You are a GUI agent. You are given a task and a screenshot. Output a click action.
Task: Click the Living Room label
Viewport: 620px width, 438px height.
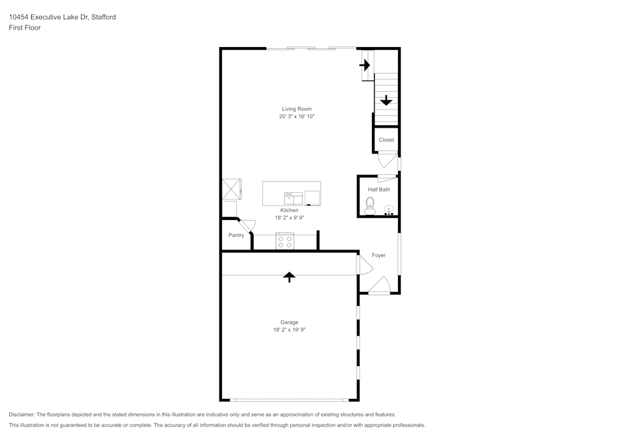296,109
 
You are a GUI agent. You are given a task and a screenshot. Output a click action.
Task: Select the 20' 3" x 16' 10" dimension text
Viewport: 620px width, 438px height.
296,116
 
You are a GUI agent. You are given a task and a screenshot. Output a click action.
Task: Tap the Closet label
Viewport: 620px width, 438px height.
386,140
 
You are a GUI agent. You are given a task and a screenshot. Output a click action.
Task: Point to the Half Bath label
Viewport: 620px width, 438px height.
379,190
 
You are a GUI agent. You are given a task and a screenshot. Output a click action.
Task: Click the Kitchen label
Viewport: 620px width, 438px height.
289,211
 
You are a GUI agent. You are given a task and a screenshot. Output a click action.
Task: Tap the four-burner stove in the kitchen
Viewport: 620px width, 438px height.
285,242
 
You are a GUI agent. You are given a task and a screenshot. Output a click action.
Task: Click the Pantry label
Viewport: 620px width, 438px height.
236,235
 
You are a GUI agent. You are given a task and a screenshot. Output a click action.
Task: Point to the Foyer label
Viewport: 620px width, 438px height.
379,255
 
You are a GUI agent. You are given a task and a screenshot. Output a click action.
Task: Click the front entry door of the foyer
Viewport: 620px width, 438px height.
379,286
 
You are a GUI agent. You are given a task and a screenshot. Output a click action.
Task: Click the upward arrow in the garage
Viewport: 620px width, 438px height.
289,277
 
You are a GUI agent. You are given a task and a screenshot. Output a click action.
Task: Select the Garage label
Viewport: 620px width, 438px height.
289,322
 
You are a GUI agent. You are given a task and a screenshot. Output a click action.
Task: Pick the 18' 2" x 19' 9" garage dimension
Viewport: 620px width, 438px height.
289,330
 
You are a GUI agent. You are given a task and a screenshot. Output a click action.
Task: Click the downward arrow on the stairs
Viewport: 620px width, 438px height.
386,100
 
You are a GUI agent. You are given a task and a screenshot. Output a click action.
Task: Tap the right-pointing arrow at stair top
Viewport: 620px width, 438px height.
365,64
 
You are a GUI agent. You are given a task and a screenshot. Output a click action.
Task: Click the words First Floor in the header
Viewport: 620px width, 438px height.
25,28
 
